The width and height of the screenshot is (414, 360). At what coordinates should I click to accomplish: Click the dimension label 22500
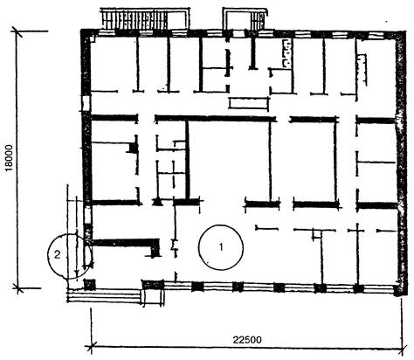[x=247, y=340]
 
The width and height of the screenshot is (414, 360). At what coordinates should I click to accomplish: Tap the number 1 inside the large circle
[x=221, y=247]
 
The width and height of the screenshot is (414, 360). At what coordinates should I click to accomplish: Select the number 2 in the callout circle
[x=58, y=255]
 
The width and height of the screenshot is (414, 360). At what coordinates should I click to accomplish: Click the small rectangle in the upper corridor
[x=248, y=103]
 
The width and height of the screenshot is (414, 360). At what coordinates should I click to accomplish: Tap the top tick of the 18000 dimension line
[x=17, y=31]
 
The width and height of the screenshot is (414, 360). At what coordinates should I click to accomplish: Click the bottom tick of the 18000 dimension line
[x=18, y=288]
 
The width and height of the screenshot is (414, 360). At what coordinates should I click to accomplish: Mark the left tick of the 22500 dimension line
[x=92, y=347]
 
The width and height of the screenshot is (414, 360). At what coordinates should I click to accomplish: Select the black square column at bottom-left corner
[x=90, y=285]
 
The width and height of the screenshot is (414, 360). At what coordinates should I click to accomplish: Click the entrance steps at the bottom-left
[x=104, y=295]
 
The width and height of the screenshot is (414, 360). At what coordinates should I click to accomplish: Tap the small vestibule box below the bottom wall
[x=152, y=297]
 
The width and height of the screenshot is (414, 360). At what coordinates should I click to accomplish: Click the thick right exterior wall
[x=401, y=163]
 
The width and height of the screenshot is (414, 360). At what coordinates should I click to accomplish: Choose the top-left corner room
[x=114, y=64]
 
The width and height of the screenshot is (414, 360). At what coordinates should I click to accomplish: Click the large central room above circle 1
[x=230, y=160]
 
